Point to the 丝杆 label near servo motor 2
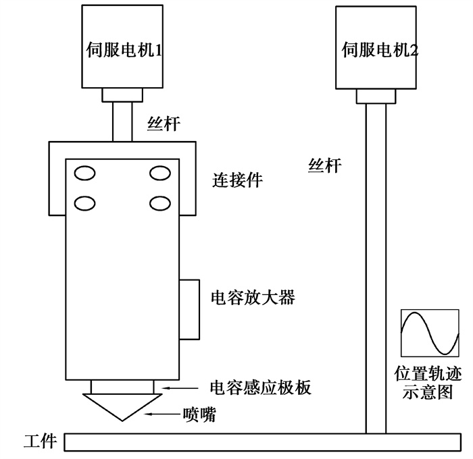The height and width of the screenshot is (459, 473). point(325,164)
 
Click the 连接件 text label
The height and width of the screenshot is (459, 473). point(237,180)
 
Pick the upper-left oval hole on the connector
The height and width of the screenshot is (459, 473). point(84,173)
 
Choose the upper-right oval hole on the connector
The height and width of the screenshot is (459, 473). point(160,173)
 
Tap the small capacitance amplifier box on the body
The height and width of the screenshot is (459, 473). point(190,308)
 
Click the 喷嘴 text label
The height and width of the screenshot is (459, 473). point(200,414)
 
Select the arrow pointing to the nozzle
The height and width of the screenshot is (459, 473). point(161,413)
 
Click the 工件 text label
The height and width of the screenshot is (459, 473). point(39,442)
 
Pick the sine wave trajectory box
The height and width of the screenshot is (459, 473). point(425,333)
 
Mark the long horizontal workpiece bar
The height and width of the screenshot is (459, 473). point(264,442)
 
